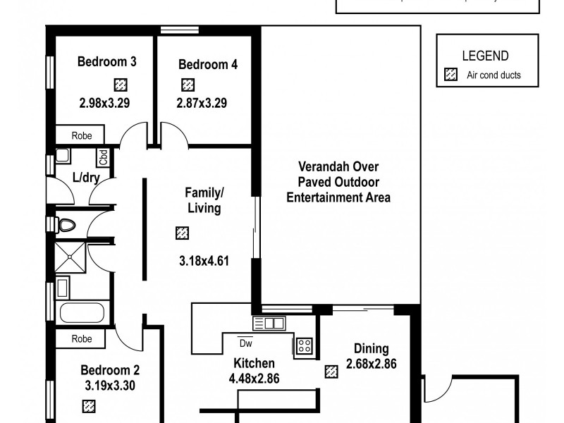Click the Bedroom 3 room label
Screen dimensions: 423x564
pos(106,62)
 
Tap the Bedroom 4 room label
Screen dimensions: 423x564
pos(208,65)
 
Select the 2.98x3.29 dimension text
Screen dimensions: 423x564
pos(104,102)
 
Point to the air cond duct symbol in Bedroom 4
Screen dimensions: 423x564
pos(188,85)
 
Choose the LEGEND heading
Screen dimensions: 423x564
pos(484,56)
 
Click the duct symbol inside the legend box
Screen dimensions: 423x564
pos(450,75)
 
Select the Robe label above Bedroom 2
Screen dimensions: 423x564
pos(82,339)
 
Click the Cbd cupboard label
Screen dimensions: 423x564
pos(103,157)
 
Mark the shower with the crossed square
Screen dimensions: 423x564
pos(70,258)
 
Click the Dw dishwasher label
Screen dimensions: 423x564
pos(245,343)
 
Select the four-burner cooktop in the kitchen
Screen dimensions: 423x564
pos(304,345)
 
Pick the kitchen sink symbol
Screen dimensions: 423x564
pos(269,323)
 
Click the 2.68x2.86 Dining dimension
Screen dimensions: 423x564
pos(371,364)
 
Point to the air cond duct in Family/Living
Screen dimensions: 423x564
pos(182,233)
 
